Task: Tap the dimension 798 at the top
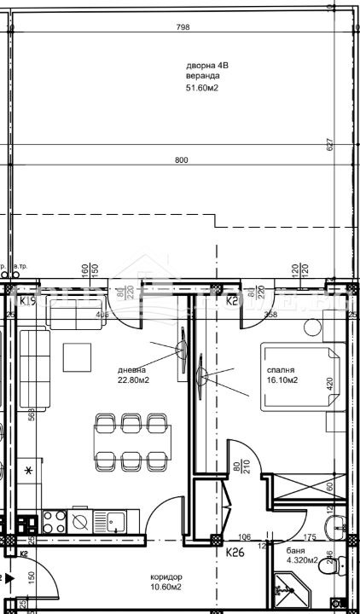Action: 182,27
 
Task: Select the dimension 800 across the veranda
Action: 181,160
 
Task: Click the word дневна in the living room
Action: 132,370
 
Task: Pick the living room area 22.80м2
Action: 135,380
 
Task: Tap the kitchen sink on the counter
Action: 81,519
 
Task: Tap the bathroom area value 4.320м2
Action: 301,561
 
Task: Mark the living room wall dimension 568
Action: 32,415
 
